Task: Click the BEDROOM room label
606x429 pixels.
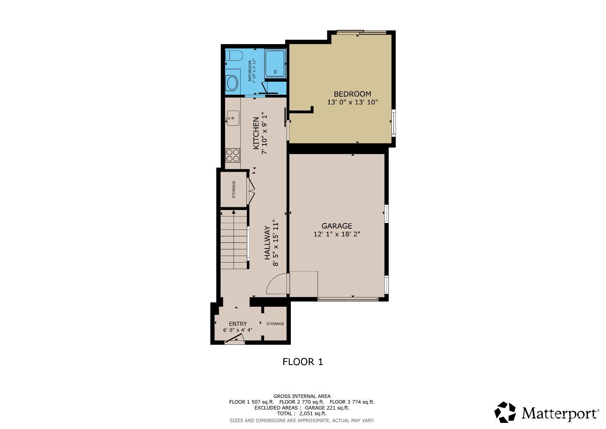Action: [x=352, y=94]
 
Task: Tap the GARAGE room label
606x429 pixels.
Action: [x=337, y=226]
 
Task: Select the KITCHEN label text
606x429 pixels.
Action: [x=256, y=133]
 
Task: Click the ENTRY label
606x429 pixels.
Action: [x=238, y=324]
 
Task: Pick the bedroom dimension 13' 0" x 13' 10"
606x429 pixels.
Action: [x=352, y=102]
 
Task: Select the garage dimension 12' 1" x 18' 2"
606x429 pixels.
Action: [x=337, y=234]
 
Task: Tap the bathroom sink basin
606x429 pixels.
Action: [x=232, y=83]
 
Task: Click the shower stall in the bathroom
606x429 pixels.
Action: [x=275, y=63]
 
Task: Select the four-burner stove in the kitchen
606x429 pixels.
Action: [x=233, y=155]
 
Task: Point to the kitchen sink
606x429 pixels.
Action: [x=232, y=119]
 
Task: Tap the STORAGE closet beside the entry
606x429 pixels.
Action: [x=275, y=324]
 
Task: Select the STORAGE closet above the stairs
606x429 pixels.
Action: [x=234, y=189]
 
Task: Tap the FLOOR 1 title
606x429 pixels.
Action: [x=303, y=362]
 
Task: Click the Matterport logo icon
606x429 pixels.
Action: [x=505, y=412]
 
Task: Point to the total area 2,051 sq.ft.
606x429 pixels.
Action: [x=302, y=414]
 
